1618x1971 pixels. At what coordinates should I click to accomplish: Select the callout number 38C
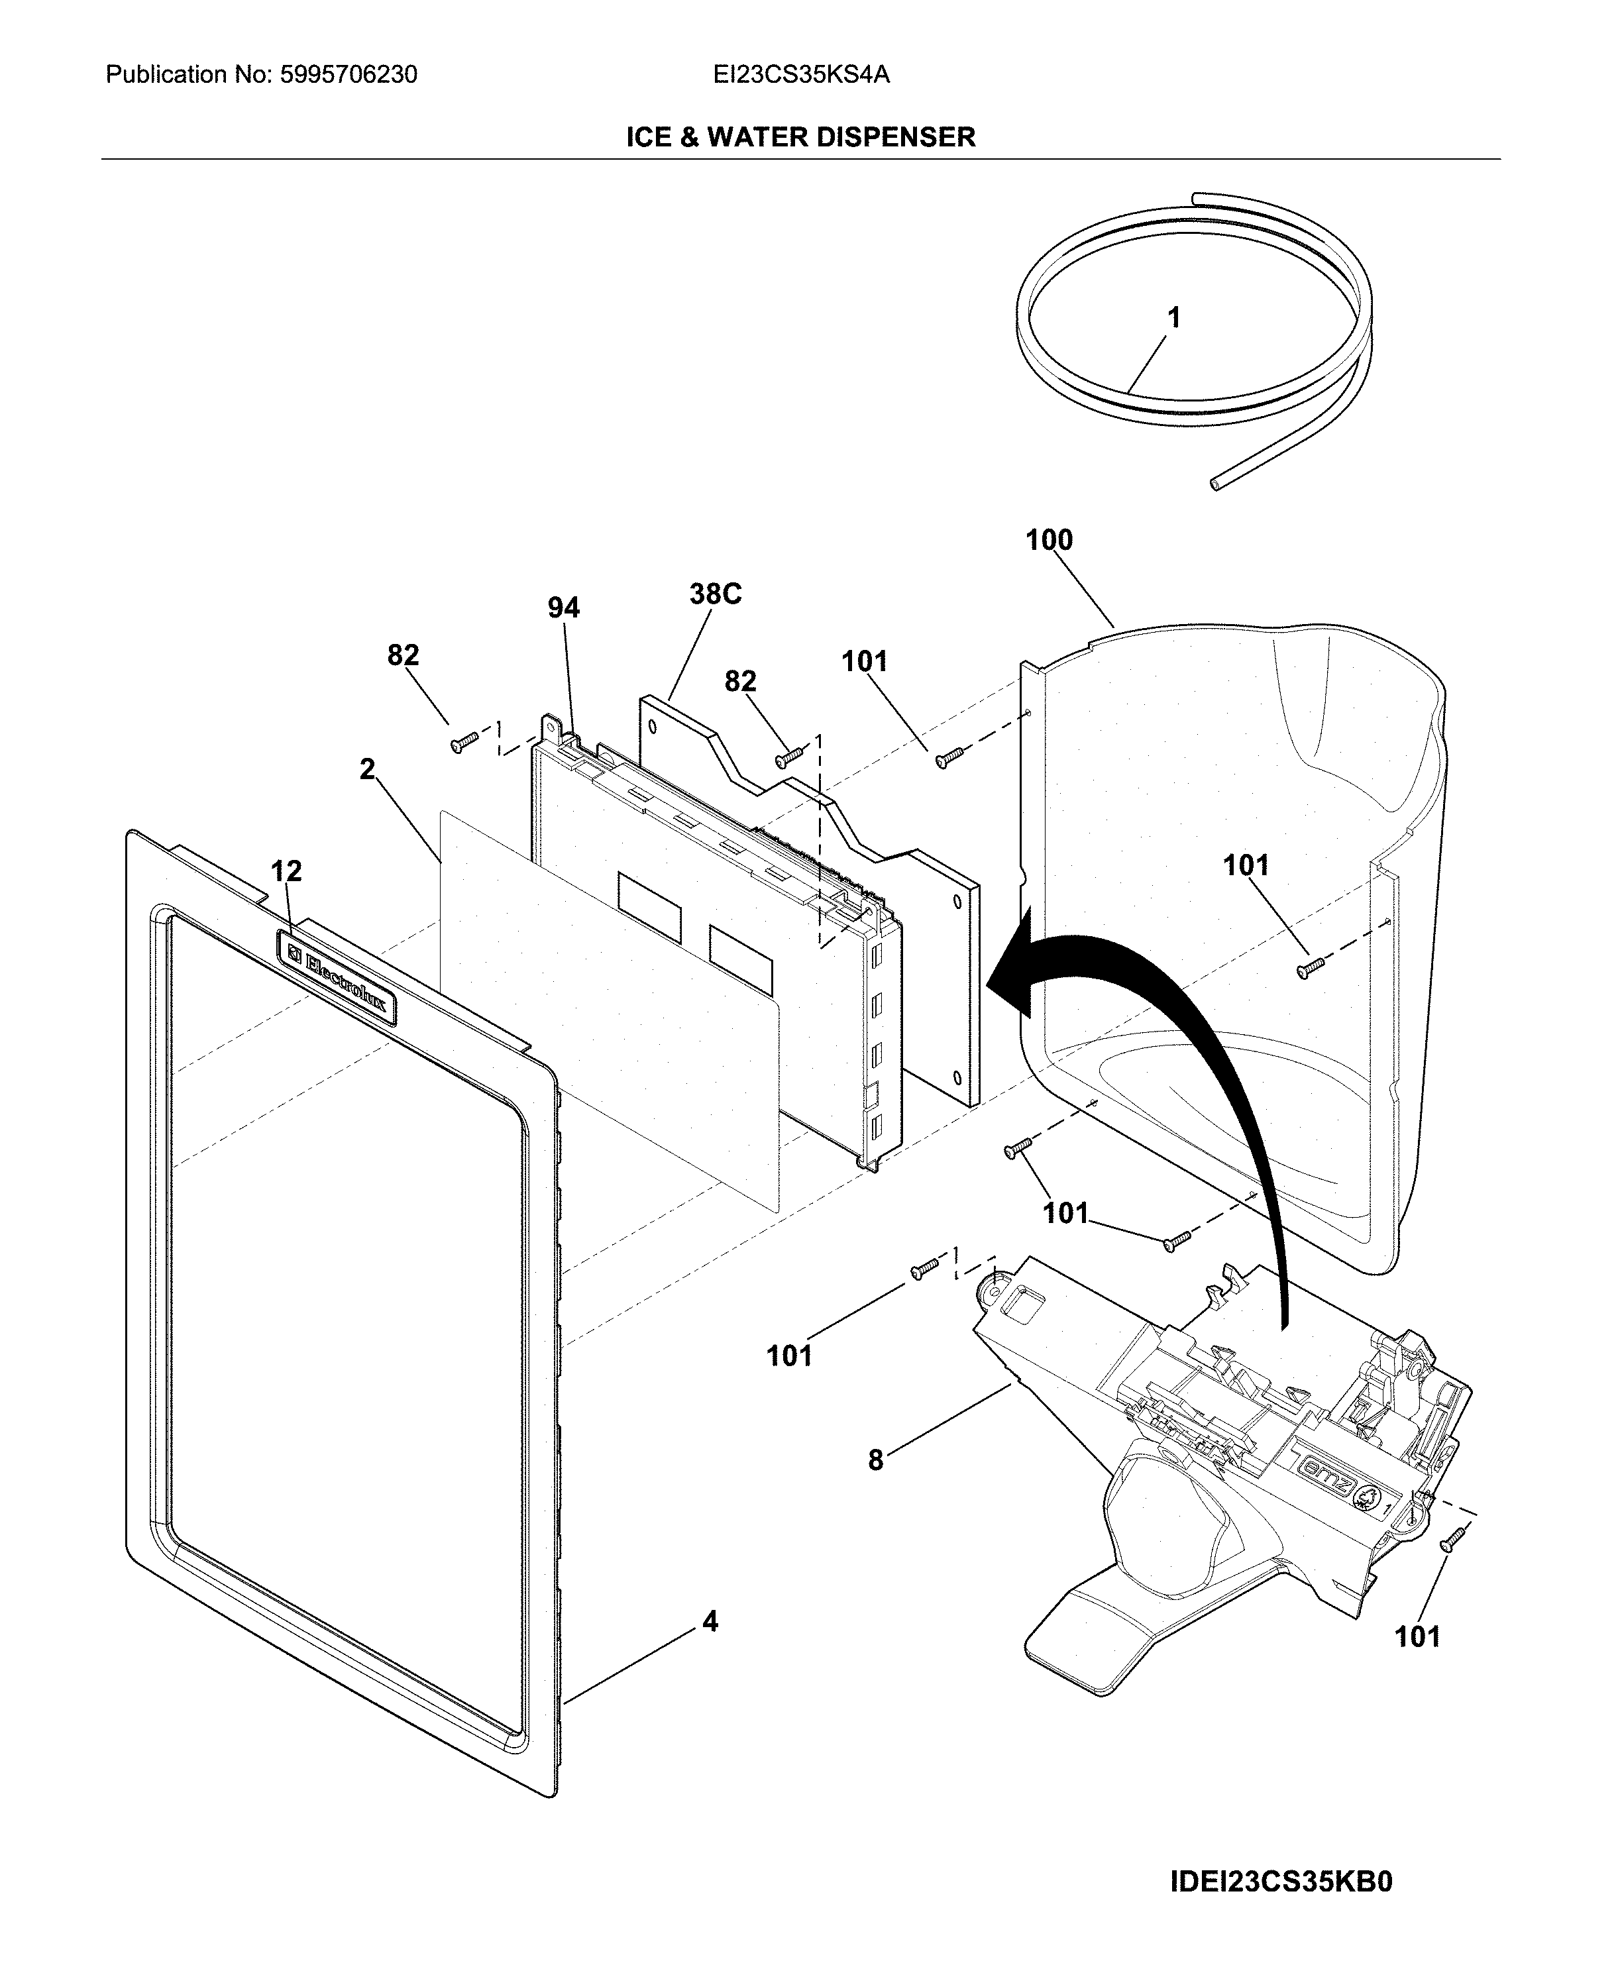(x=715, y=594)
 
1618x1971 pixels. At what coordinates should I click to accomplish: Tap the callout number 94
(x=563, y=608)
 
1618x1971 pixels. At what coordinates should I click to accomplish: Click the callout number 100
(x=1049, y=539)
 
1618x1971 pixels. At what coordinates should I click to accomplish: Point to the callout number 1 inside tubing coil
(x=1173, y=318)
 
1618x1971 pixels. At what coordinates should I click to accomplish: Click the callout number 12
(x=286, y=871)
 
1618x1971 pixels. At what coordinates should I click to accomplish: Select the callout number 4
(x=710, y=1622)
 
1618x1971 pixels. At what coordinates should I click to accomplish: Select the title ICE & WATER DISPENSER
(x=800, y=137)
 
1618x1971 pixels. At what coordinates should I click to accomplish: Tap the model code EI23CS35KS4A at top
(x=800, y=75)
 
